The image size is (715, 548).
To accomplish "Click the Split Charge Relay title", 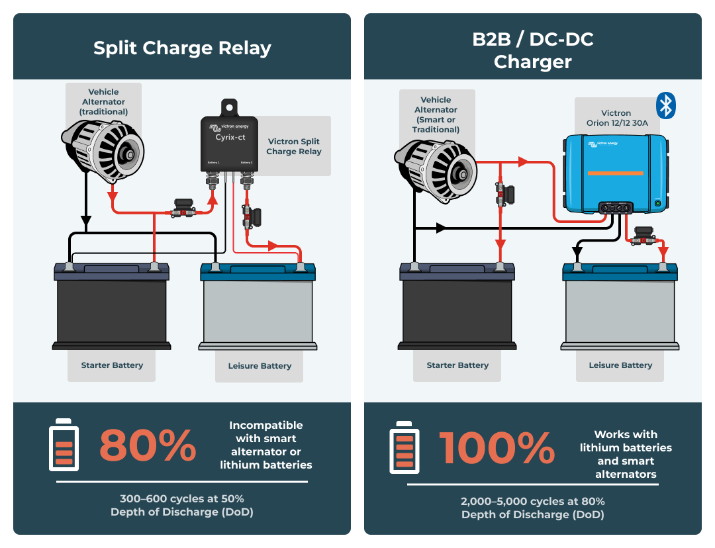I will [182, 48].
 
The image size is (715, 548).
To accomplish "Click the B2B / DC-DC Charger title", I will [532, 50].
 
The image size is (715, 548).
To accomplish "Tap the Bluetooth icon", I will [665, 106].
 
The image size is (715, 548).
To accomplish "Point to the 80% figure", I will [148, 445].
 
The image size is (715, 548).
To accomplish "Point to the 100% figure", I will [497, 448].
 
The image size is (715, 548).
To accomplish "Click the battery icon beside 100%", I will [404, 448].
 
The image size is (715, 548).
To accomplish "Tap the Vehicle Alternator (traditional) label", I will [103, 102].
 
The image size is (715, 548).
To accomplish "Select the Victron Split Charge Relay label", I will [293, 146].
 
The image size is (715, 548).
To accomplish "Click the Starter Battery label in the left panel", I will [112, 365].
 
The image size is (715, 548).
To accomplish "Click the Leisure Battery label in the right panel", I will [620, 365].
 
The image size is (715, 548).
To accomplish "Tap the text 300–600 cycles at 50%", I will [182, 498].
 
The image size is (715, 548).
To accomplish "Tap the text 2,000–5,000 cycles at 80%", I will [532, 501].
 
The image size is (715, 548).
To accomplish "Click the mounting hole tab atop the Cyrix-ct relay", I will [229, 106].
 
